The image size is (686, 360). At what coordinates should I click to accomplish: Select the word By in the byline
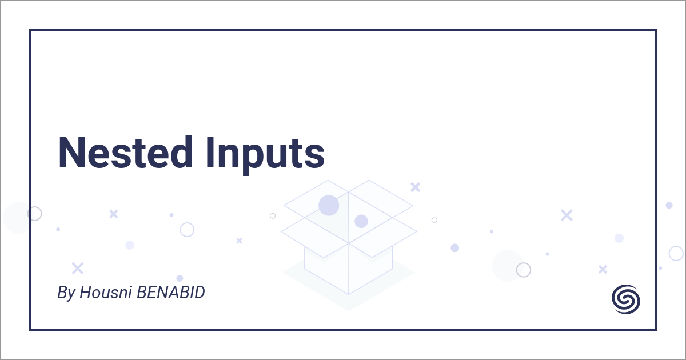[x=66, y=294]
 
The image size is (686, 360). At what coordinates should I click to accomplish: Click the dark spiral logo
[x=626, y=299]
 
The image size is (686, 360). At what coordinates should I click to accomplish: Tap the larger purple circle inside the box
[x=329, y=205]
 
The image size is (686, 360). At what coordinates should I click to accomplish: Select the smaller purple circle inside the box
[x=361, y=221]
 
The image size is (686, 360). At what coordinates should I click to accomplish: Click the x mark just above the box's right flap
[x=415, y=187]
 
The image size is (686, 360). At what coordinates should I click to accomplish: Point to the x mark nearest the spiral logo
[x=603, y=269]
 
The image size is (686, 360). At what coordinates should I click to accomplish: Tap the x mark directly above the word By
[x=78, y=268]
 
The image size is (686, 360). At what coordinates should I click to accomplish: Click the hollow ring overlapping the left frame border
[x=35, y=214]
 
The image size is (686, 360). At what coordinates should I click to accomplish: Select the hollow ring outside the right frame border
[x=676, y=253]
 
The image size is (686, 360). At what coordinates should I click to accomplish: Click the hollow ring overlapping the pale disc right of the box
[x=523, y=270]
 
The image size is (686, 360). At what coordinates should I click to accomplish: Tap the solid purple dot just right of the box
[x=454, y=247]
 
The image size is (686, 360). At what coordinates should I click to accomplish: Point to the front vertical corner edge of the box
[x=349, y=269]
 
